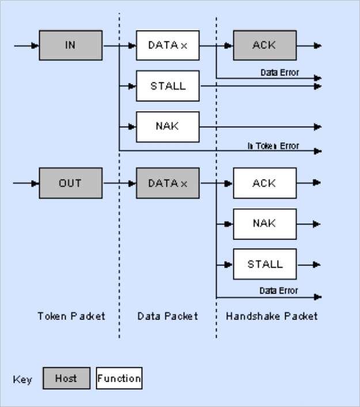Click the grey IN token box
(70, 45)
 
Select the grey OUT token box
(70, 183)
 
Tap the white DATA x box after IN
(168, 45)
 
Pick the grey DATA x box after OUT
(168, 183)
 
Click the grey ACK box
(264, 45)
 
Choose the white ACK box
(264, 183)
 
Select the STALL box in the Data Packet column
(168, 86)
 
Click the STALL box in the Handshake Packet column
(264, 264)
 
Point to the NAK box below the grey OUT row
(264, 224)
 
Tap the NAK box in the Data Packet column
(168, 127)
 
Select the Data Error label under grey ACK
(279, 73)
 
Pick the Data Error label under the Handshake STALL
(279, 291)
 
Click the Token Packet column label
(71, 316)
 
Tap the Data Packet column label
(168, 316)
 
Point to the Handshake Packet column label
(271, 316)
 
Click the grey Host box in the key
(67, 379)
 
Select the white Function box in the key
(119, 379)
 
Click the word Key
(22, 380)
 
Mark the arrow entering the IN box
(26, 45)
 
